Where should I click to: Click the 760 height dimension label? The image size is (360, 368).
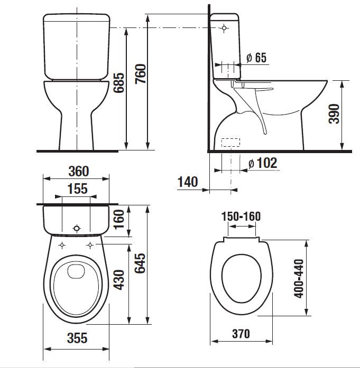[141, 74]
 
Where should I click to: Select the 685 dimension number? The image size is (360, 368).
[118, 82]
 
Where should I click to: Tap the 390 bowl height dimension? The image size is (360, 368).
[334, 114]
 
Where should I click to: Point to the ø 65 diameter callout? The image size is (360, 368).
[256, 58]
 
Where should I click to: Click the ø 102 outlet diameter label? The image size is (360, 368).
[263, 163]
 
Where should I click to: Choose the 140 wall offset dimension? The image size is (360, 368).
[188, 182]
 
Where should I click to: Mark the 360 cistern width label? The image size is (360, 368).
[79, 171]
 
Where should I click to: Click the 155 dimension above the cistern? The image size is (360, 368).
[78, 188]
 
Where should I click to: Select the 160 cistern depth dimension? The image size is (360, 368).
[118, 219]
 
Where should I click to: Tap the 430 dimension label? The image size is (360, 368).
[118, 280]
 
